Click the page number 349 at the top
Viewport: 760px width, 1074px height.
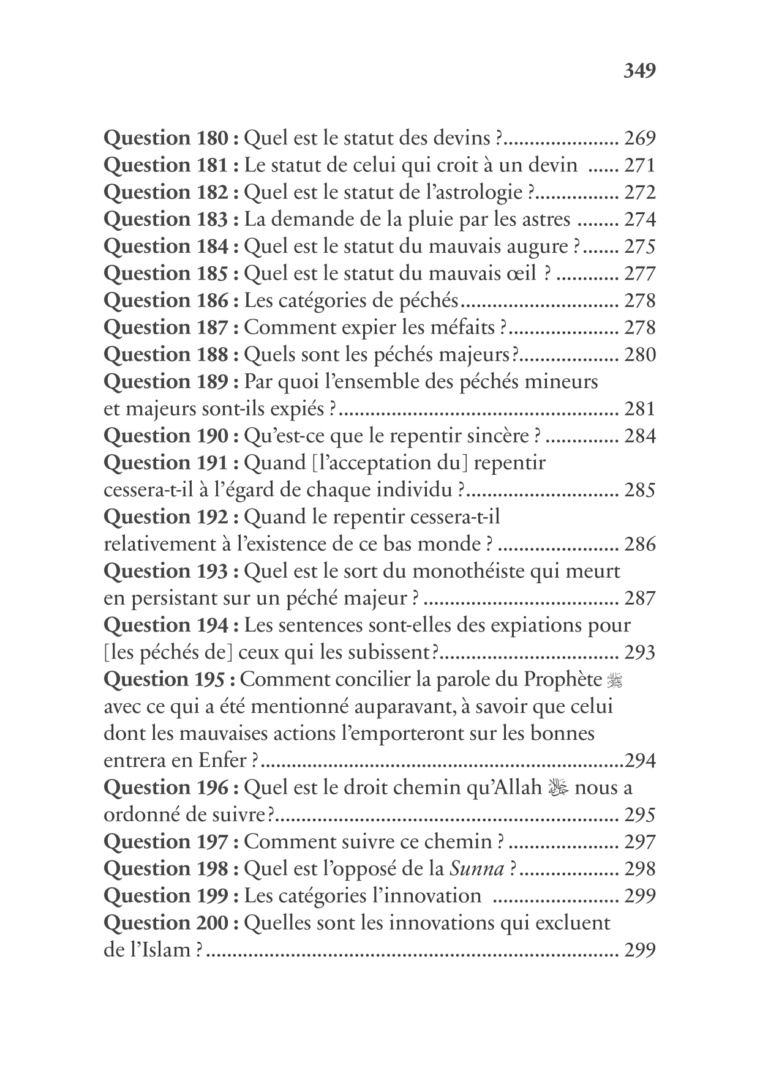[x=639, y=71]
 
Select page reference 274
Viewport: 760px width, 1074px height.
[x=639, y=219]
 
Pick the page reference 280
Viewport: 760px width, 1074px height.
[x=639, y=354]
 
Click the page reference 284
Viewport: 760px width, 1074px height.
[x=639, y=436]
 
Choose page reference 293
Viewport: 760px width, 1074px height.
[x=639, y=652]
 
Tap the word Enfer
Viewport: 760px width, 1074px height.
[x=221, y=761]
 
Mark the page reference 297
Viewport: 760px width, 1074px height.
[x=639, y=842]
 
